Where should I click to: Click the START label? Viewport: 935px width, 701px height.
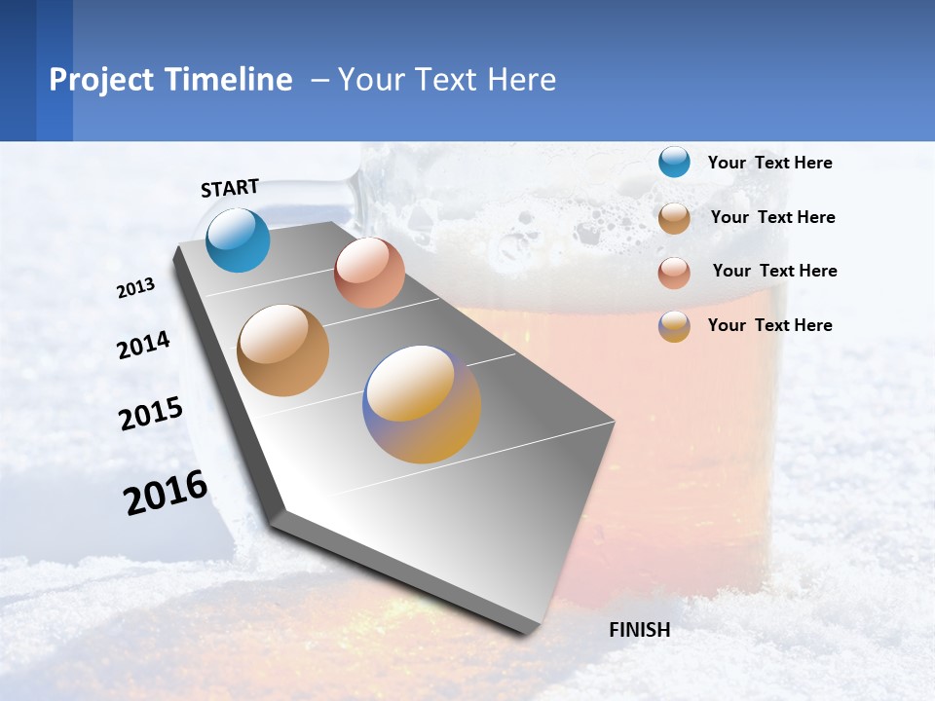point(230,188)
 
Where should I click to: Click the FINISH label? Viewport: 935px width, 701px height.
point(639,630)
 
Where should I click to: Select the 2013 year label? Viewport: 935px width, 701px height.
point(135,288)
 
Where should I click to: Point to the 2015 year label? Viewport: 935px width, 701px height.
point(151,414)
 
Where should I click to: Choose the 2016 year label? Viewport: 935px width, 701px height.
point(166,493)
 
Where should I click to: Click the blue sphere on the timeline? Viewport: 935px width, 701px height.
point(238,240)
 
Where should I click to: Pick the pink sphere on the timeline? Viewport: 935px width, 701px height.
point(369,273)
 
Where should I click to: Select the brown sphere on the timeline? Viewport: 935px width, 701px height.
point(282,350)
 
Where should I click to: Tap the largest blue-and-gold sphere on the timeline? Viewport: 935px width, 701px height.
point(422,404)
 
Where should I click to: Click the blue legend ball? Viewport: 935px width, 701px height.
point(674,163)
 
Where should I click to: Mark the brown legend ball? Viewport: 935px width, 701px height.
point(674,217)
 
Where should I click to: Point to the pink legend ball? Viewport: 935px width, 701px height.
point(674,272)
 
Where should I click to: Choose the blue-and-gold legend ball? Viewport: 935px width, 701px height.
point(674,326)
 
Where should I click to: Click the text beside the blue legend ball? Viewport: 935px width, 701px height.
point(769,163)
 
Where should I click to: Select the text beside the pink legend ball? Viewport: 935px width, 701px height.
point(774,271)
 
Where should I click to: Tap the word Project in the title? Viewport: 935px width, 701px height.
point(101,80)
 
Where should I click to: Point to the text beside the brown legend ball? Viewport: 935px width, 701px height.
point(772,217)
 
